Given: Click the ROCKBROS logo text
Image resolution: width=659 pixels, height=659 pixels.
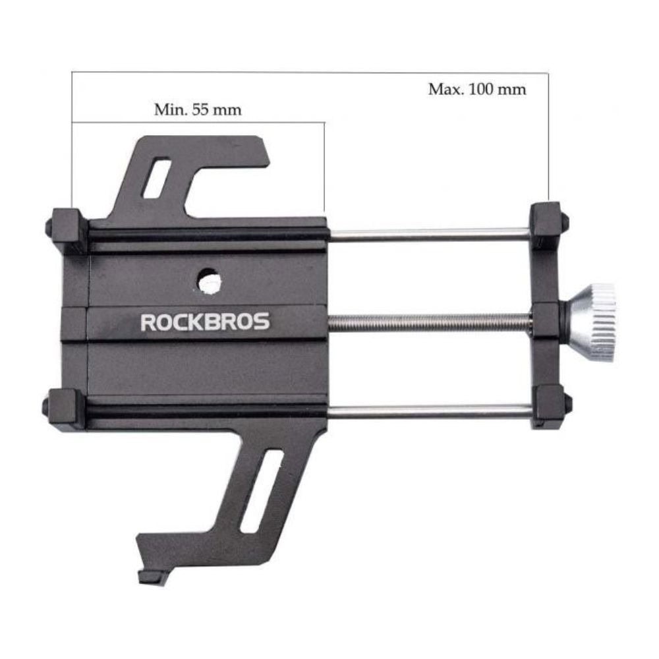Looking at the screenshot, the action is click(x=205, y=322).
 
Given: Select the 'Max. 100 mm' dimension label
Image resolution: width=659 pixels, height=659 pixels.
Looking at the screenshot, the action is click(x=477, y=89).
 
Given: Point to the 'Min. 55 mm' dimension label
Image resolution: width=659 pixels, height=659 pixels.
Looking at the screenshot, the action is click(x=198, y=109).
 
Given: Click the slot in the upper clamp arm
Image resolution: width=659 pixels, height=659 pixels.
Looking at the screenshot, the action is click(x=157, y=178).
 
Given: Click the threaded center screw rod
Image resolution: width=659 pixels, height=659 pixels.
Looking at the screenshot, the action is click(x=430, y=322).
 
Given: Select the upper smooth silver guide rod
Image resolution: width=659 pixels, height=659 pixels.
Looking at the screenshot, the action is click(x=429, y=235).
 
